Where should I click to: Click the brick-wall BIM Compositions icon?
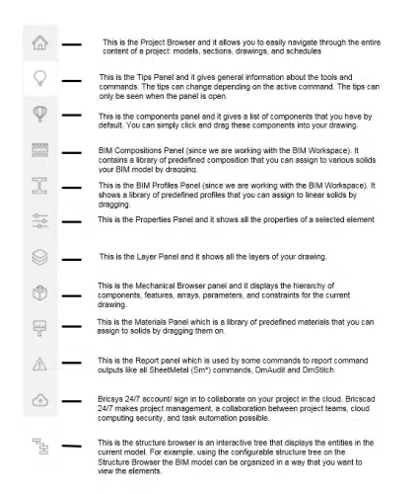[40, 150]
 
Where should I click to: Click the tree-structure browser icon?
[40, 444]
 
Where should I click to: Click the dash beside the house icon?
[72, 44]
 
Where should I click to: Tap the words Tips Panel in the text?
[150, 77]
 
